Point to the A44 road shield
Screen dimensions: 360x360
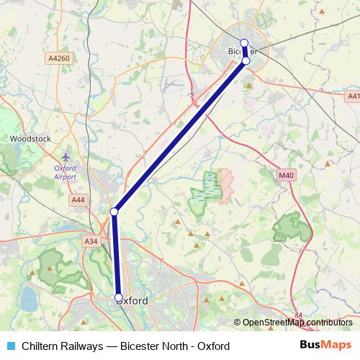point(77,199)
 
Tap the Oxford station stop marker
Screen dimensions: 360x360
point(119,297)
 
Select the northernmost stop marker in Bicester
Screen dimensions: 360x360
point(244,42)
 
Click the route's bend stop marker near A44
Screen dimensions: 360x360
point(114,212)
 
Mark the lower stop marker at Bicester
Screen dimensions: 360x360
point(246,61)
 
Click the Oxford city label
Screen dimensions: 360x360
point(132,300)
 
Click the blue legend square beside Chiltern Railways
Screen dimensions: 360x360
point(10,346)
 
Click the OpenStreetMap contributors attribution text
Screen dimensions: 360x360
point(297,323)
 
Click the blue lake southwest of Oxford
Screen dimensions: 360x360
point(30,297)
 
